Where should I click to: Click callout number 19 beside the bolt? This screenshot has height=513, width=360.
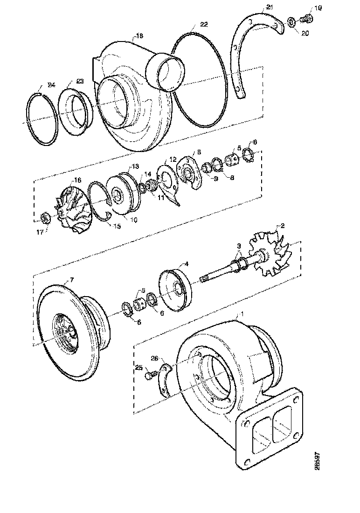click(318, 8)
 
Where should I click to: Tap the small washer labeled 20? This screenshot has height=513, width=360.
click(291, 21)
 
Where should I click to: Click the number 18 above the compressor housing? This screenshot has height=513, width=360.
click(139, 35)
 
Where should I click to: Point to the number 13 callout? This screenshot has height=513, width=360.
click(135, 166)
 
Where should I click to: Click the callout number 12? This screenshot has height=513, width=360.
click(173, 159)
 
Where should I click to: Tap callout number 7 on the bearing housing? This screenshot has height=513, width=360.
click(71, 280)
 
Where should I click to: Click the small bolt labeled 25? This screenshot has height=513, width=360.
click(149, 374)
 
